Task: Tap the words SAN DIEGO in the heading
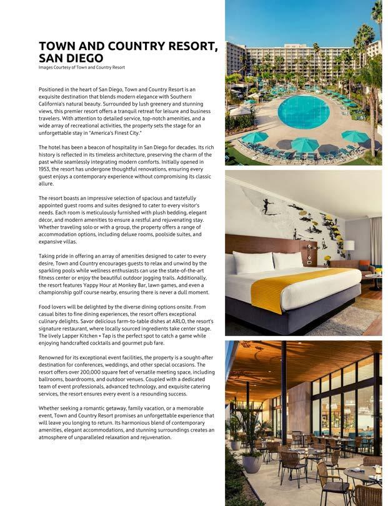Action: pos(71,58)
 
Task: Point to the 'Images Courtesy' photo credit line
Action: pos(81,67)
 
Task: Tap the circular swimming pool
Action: pos(304,111)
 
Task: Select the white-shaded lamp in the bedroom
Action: pos(349,246)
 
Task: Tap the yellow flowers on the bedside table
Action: pos(327,257)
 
